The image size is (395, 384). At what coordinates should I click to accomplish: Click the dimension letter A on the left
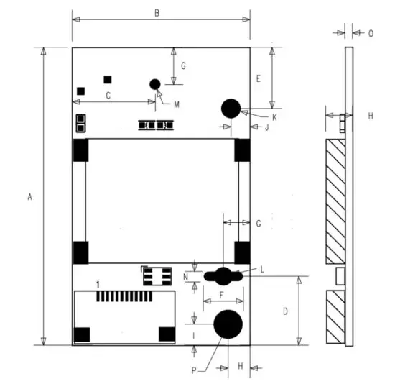[29, 196]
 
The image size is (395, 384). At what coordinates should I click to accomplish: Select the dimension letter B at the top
[157, 12]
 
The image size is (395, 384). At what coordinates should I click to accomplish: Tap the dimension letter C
[108, 95]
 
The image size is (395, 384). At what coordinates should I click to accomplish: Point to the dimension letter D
[285, 311]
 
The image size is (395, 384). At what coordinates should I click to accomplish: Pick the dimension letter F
[221, 295]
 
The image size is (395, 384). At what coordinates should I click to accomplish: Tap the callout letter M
[176, 104]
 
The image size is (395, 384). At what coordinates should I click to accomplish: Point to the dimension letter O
[371, 33]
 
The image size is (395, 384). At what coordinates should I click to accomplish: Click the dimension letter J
[266, 128]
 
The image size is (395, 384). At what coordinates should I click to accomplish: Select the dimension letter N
[186, 276]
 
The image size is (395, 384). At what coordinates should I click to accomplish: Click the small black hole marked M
[154, 84]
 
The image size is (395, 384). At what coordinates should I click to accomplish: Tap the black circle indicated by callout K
[231, 108]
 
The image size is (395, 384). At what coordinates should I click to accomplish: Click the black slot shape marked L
[223, 275]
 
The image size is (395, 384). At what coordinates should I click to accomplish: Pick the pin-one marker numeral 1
[98, 285]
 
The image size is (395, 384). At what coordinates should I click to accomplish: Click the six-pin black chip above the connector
[156, 275]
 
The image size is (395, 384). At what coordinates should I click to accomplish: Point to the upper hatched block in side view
[335, 201]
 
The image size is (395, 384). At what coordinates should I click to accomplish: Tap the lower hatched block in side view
[335, 317]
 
